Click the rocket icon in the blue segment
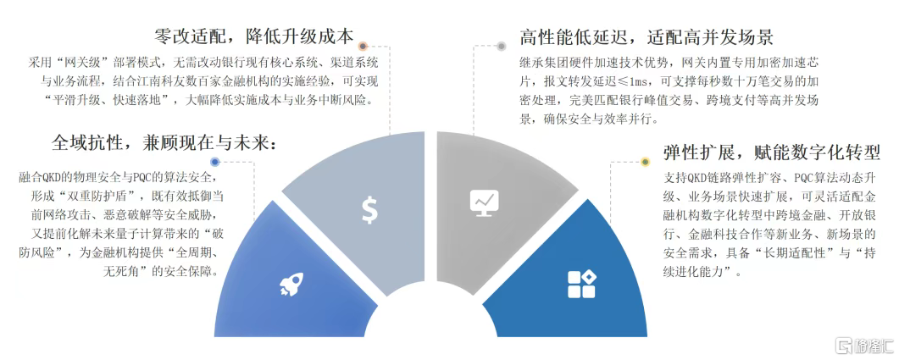click(x=291, y=285)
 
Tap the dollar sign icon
click(x=369, y=210)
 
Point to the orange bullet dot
click(x=363, y=46)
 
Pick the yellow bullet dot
click(x=645, y=162)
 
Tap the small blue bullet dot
click(x=214, y=162)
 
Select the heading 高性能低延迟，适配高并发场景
click(x=647, y=37)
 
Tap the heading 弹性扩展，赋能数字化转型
click(x=771, y=152)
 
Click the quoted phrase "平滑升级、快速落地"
click(x=106, y=100)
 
